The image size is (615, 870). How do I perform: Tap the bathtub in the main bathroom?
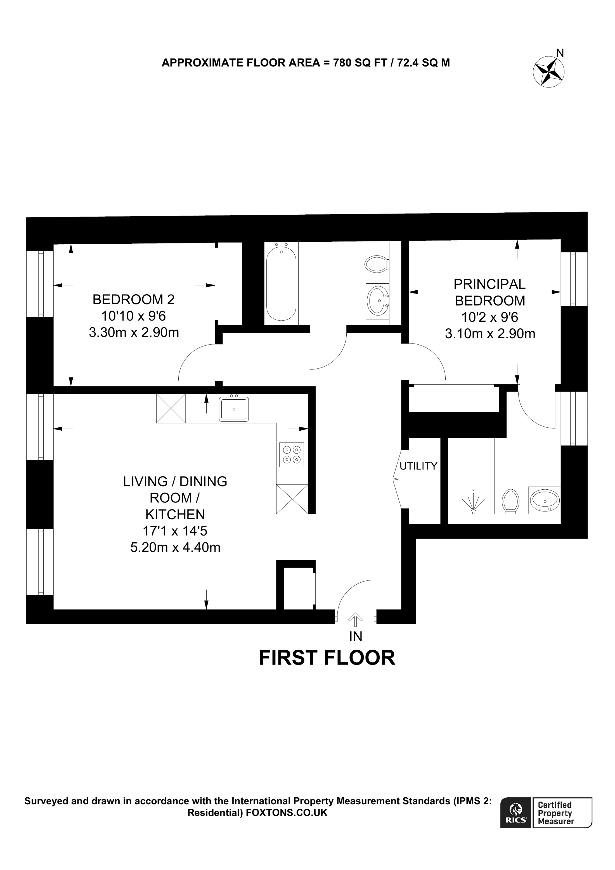(281, 284)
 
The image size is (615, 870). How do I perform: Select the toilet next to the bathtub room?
(376, 264)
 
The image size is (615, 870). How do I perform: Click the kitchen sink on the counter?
(234, 409)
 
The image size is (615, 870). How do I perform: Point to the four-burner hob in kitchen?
(291, 455)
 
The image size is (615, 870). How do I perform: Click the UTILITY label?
(418, 466)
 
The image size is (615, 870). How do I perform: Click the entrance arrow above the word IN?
(355, 620)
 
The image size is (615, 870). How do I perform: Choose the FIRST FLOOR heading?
(327, 658)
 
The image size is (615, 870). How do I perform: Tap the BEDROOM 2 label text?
(133, 300)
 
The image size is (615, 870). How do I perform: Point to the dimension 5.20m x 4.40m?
(175, 547)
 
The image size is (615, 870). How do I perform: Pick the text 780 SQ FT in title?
(359, 63)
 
